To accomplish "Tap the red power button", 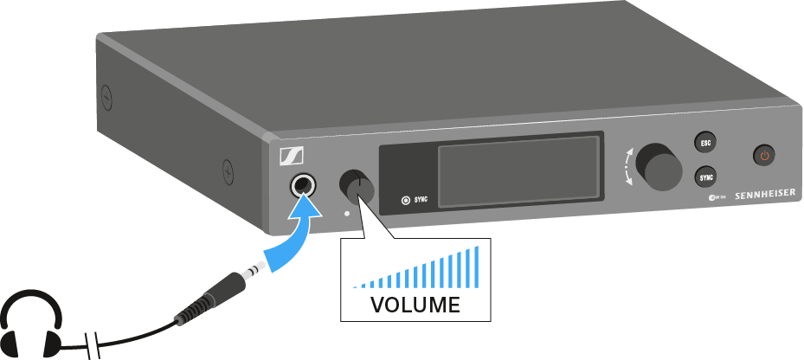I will coord(763,156).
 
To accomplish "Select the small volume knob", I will coord(357,188).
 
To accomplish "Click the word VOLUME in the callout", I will coord(415,305).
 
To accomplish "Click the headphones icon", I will coord(30,324).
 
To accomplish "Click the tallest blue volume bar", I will coord(475,267).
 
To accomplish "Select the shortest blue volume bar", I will coord(354,286).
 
